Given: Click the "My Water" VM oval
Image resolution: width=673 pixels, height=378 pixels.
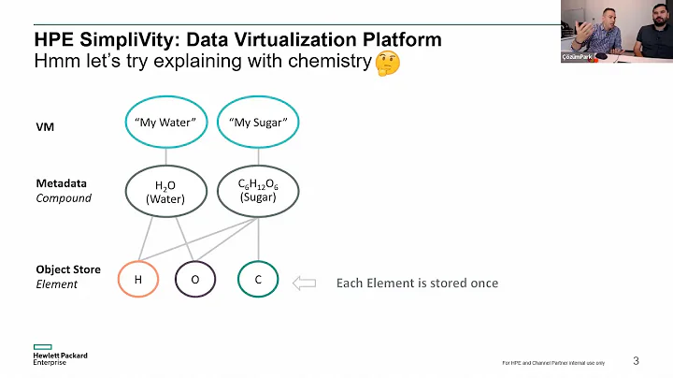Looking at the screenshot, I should pyautogui.click(x=165, y=123).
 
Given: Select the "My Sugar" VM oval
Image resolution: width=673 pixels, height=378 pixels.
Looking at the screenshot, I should pyautogui.click(x=257, y=123).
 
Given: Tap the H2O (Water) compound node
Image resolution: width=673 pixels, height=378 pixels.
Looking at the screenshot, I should pyautogui.click(x=165, y=191).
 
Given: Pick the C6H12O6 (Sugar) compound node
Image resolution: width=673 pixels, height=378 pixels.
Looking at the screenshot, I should pyautogui.click(x=257, y=190).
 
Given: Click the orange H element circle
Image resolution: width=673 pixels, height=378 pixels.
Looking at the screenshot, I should pyautogui.click(x=138, y=279).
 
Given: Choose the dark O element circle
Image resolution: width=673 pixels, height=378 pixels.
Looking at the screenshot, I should pyautogui.click(x=195, y=279).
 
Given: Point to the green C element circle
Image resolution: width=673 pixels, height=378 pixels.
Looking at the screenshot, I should pyautogui.click(x=258, y=279).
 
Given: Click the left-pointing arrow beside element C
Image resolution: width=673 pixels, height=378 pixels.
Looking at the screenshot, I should pyautogui.click(x=305, y=282).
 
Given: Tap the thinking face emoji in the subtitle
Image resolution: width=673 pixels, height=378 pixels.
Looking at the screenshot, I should pyautogui.click(x=386, y=64).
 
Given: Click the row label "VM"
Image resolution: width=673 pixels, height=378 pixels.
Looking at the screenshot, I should pyautogui.click(x=45, y=126).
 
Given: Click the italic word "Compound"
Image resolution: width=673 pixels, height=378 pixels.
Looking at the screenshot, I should pyautogui.click(x=64, y=198).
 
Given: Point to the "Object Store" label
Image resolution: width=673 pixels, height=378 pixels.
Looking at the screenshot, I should pyautogui.click(x=67, y=269).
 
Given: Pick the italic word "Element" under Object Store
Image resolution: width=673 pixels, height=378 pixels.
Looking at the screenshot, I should pyautogui.click(x=57, y=284).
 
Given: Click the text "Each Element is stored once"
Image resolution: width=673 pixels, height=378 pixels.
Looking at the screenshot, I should pyautogui.click(x=417, y=283).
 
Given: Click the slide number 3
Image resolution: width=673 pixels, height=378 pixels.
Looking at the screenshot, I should pyautogui.click(x=637, y=360).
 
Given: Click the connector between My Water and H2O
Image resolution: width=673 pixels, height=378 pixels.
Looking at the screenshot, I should pyautogui.click(x=165, y=156).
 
